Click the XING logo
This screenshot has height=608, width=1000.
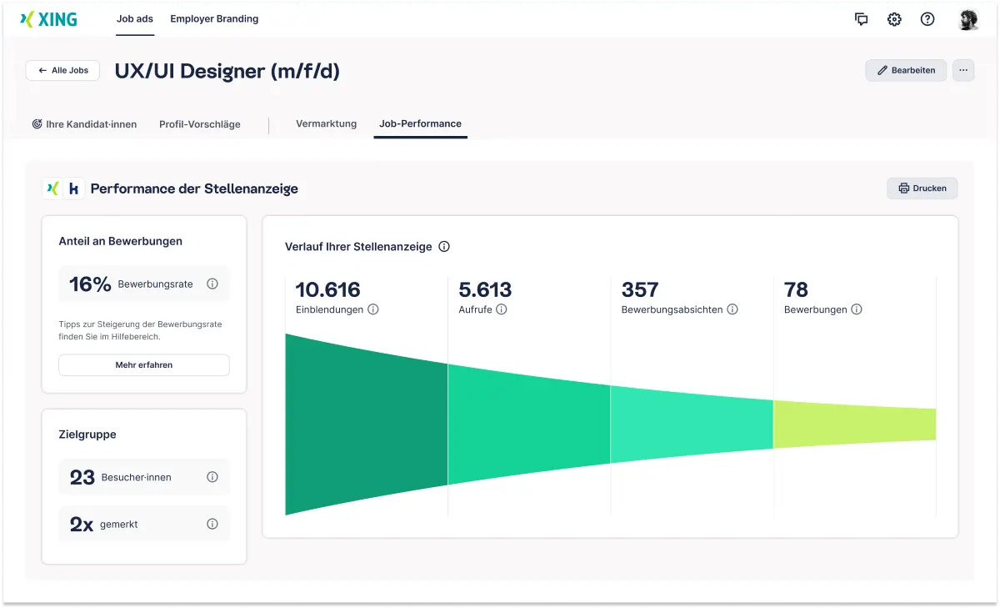point(48,20)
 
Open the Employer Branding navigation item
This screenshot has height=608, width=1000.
point(214,19)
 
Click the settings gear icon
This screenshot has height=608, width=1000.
point(894,20)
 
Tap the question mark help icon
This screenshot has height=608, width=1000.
point(927,20)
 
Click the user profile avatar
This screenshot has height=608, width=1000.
point(967,20)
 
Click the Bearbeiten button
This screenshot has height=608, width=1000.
point(906,71)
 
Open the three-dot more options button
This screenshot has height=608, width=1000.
point(963,71)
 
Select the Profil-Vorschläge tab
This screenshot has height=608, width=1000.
point(200,124)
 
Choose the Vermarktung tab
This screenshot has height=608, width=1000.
point(326,123)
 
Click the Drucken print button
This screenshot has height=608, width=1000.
point(922,188)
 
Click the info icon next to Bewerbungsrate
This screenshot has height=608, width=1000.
point(212,284)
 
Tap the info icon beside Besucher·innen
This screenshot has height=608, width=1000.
point(212,477)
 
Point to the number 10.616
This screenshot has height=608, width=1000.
point(328,290)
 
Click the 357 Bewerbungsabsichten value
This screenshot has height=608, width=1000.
point(640,290)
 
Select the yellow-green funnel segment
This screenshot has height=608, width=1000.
point(854,425)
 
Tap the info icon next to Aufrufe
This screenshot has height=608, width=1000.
point(502,309)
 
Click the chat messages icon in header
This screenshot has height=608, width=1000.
point(862,20)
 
